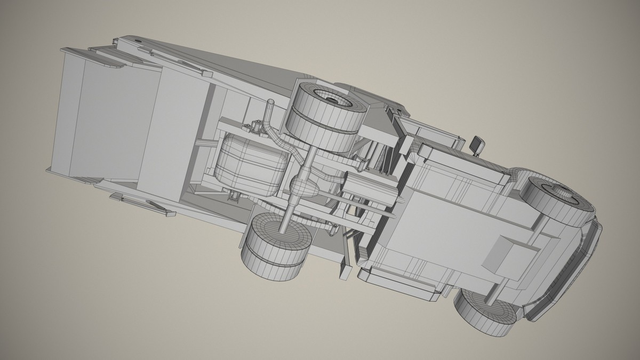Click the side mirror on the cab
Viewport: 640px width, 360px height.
[x=477, y=145]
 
